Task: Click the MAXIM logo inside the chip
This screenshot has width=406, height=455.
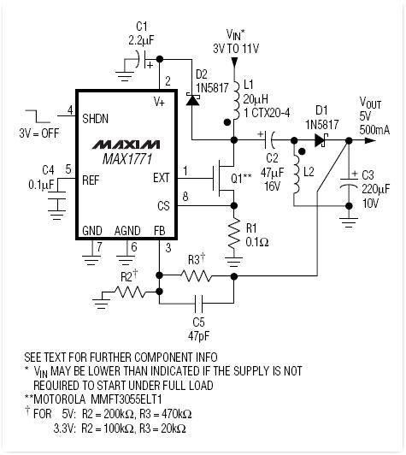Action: tap(126, 145)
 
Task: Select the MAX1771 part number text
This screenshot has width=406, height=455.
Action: tap(127, 159)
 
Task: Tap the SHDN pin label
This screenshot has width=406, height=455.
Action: tap(95, 119)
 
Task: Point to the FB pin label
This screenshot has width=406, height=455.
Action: tap(160, 231)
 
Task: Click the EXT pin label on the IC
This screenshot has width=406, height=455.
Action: tap(162, 178)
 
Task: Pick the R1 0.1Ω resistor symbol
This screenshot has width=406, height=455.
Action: tap(233, 233)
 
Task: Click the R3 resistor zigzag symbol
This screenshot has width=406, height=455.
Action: tap(197, 275)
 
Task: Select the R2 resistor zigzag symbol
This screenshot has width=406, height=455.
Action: tap(130, 292)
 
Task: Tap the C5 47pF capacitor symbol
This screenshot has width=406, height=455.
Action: tap(198, 304)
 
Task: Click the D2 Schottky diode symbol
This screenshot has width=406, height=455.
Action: tap(192, 99)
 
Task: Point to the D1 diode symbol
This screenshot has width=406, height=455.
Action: tap(321, 140)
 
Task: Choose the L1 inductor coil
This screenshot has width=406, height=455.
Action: tap(236, 100)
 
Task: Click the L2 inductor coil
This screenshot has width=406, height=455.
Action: tap(296, 174)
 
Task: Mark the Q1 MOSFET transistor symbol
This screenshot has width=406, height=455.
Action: tap(223, 178)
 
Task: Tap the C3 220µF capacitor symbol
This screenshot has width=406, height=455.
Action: tap(349, 183)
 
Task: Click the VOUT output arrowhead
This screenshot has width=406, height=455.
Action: tap(370, 140)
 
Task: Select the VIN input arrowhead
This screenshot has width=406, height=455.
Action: tap(234, 62)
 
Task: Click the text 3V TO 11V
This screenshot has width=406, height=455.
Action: tap(236, 49)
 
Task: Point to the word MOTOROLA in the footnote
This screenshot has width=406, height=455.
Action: tap(60, 399)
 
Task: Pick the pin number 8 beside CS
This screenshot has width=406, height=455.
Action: tap(185, 197)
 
